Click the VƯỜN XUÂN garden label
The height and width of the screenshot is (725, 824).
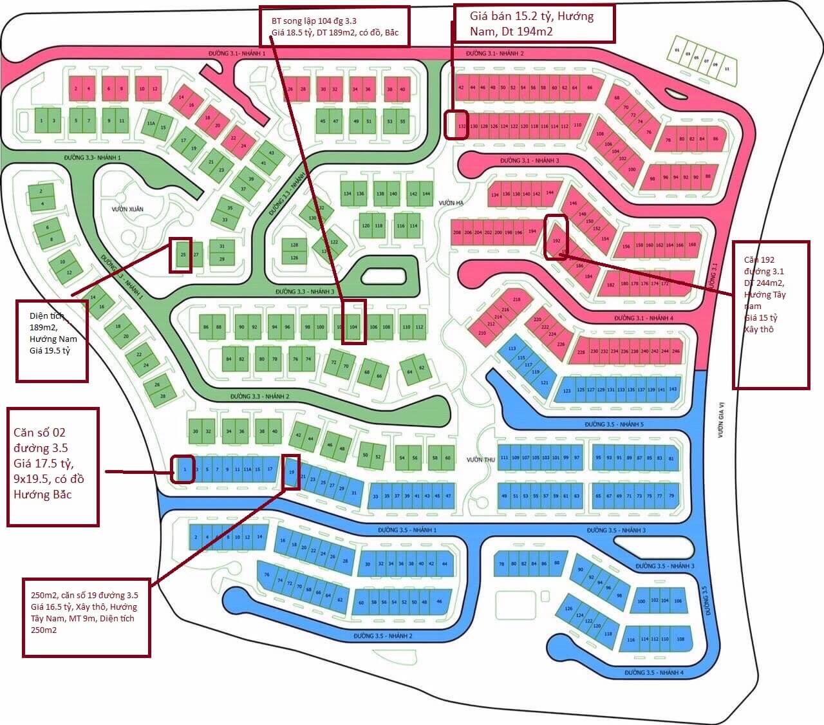click(127, 209)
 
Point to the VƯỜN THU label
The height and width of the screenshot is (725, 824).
click(481, 459)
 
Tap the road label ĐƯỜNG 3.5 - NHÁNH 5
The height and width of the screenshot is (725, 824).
click(614, 424)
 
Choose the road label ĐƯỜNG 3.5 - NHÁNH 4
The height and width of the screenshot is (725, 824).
click(653, 672)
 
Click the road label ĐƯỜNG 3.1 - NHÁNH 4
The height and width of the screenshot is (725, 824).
click(644, 318)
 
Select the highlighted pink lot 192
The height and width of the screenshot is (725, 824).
click(556, 240)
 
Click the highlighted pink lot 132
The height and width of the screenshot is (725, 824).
click(461, 126)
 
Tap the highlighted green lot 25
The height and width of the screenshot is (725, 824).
click(183, 255)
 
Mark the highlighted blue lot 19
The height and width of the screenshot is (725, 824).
click(292, 472)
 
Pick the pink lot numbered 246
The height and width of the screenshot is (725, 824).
click(675, 352)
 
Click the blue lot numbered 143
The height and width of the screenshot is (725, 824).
click(673, 389)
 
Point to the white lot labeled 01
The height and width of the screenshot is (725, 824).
click(677, 50)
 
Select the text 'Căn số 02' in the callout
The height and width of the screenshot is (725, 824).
click(40, 432)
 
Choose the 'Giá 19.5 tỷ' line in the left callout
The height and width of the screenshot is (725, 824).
click(50, 351)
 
